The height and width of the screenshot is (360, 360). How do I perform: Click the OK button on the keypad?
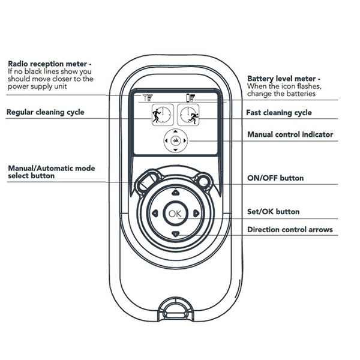[x=175, y=214]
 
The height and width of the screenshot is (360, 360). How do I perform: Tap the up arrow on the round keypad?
[x=175, y=193]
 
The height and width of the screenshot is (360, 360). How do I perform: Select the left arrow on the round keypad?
[x=155, y=214]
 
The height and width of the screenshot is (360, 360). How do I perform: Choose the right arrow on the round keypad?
[x=196, y=214]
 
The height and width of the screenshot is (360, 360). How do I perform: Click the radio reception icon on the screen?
[x=148, y=97]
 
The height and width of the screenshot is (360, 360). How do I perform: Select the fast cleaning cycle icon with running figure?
[x=189, y=114]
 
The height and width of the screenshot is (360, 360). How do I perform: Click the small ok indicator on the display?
[x=175, y=141]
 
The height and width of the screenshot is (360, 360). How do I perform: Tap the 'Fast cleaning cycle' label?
[x=279, y=112]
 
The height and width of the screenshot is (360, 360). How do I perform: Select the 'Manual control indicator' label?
[x=290, y=134]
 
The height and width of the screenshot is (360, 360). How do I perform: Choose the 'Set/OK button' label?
[x=273, y=212]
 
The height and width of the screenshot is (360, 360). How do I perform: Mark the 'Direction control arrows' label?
[x=290, y=229]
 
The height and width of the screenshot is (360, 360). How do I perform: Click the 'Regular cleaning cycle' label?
[x=46, y=112]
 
